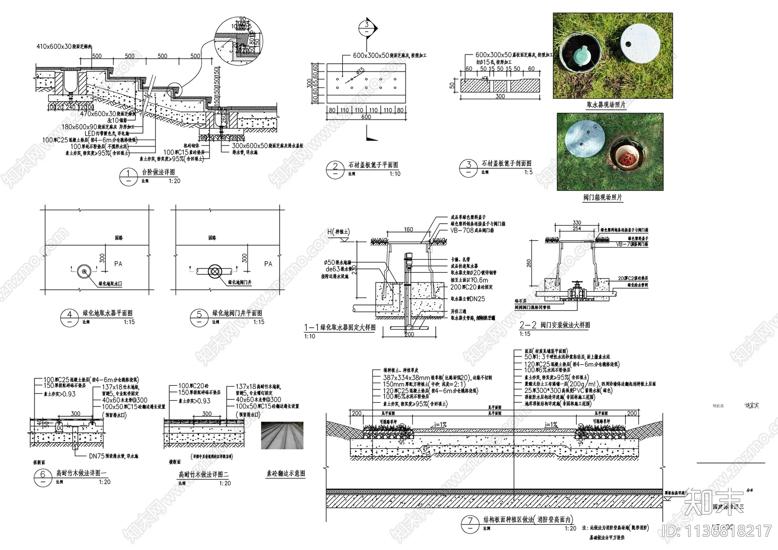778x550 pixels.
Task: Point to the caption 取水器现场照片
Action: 606,105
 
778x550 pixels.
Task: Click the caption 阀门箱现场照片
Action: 602,198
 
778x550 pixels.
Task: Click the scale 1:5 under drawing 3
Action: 528,172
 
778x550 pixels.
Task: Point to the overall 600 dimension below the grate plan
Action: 366,117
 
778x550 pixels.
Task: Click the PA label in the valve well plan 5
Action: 268,264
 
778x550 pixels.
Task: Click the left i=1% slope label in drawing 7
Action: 440,425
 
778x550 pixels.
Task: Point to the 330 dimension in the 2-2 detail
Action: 577,223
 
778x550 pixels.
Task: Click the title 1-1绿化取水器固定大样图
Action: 340,327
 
